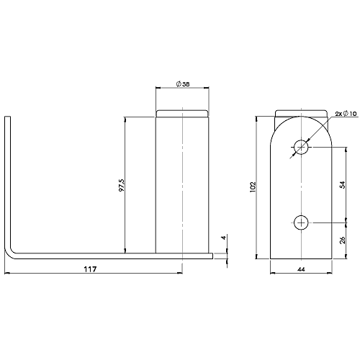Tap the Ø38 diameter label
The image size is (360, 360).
tap(183, 84)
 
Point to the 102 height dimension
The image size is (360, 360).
tap(252, 187)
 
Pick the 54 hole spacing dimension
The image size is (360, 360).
tap(343, 185)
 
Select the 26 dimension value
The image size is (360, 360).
tap(343, 240)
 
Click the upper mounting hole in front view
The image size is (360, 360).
tap(301, 147)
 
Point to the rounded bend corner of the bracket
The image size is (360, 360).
tap(12, 250)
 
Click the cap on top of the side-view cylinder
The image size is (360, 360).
tap(183, 113)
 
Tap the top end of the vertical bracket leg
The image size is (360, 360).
tap(9, 118)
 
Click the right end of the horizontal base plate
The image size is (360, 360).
tap(212, 255)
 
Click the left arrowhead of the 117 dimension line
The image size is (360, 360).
tap(7, 274)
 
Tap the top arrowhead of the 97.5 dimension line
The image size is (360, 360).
tap(126, 118)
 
